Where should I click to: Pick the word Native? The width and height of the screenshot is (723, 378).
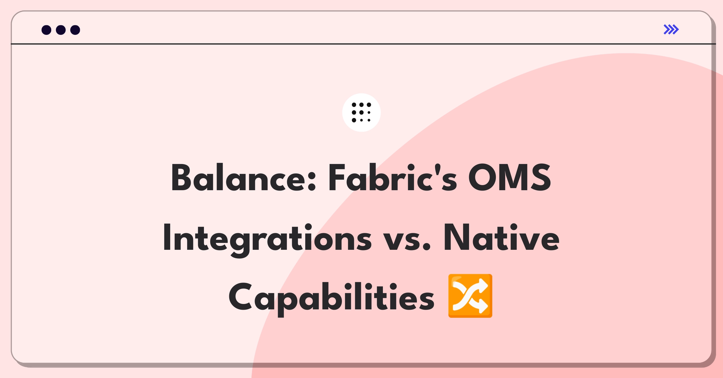tap(502, 238)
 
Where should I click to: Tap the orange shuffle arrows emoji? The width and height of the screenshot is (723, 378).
tap(470, 296)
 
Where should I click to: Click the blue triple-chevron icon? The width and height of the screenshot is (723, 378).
tap(671, 29)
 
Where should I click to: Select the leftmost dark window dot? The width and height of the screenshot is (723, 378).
tap(46, 30)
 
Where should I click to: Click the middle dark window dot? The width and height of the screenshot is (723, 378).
tap(61, 30)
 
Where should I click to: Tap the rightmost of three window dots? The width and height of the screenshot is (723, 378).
tap(75, 30)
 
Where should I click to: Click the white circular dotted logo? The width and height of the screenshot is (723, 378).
tap(361, 113)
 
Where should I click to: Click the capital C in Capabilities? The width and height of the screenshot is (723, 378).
tap(240, 296)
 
